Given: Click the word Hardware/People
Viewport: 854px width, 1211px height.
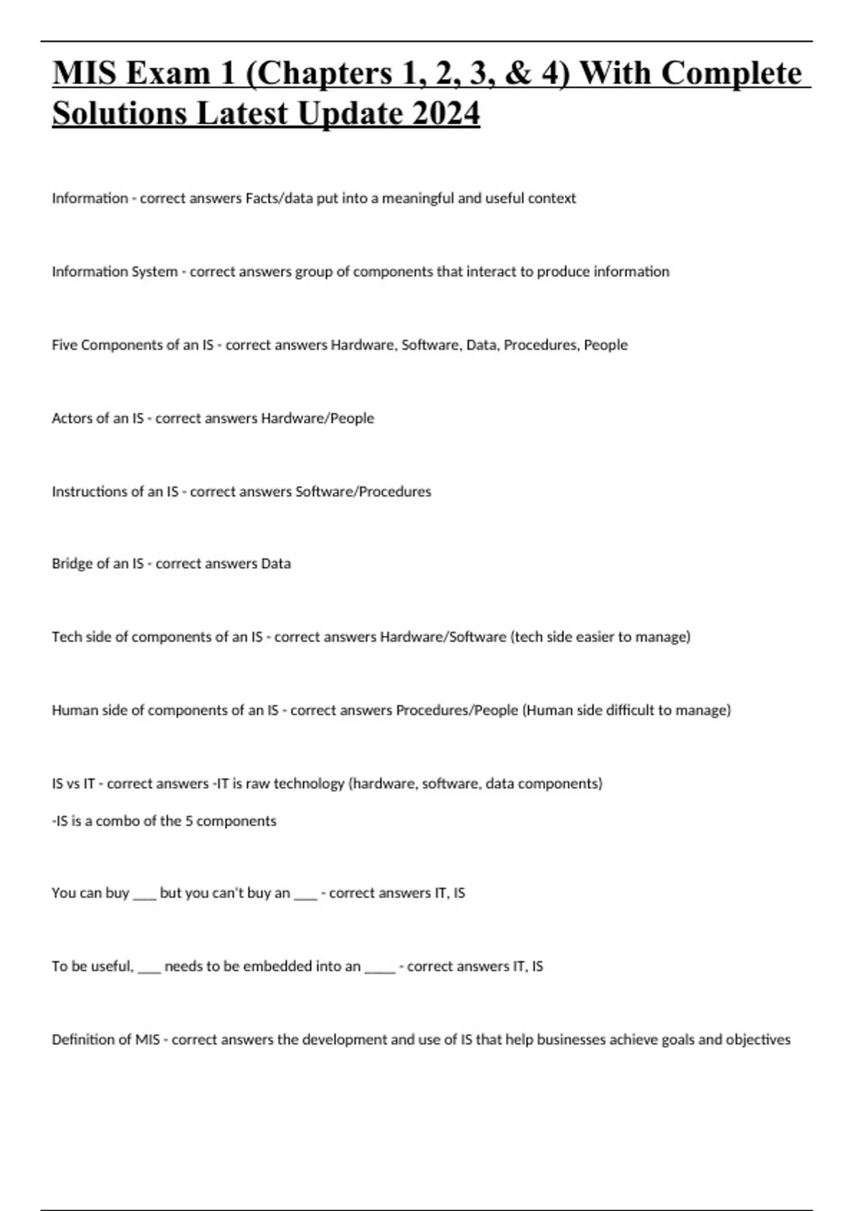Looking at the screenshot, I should [x=317, y=418].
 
